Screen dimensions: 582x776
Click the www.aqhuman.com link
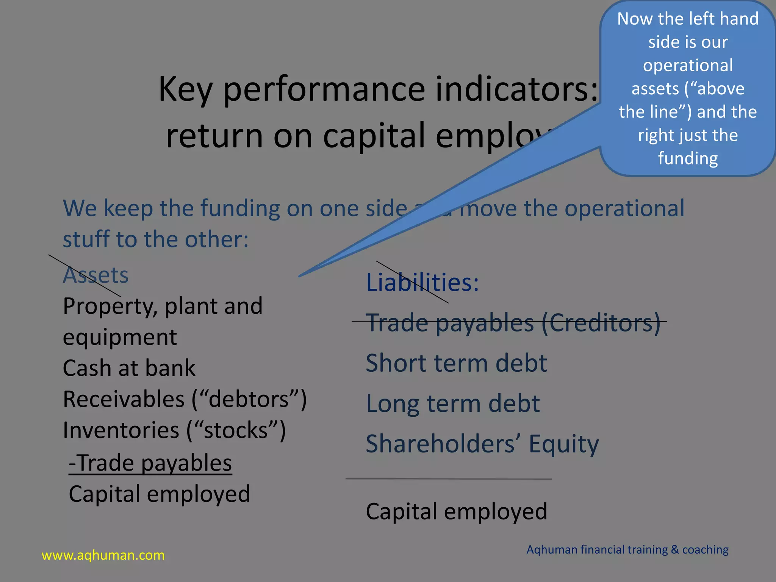(x=103, y=555)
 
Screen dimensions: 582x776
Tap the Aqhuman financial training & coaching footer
(x=627, y=549)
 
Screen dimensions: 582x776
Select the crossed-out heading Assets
(x=95, y=275)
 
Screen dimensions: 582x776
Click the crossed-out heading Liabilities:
(x=422, y=283)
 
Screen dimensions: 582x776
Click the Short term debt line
(x=456, y=363)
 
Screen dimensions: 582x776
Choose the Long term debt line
(x=452, y=404)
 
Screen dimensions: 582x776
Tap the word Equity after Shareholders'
(x=563, y=444)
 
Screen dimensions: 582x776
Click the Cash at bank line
(x=129, y=368)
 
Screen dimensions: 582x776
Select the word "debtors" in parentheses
(x=249, y=399)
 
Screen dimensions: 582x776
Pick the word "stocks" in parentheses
(x=236, y=430)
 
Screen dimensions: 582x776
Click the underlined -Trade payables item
(x=150, y=463)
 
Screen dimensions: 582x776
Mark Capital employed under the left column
(x=159, y=494)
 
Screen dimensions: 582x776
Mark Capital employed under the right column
(x=456, y=511)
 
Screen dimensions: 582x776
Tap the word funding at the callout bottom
(x=688, y=158)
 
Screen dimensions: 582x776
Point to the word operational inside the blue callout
(x=688, y=65)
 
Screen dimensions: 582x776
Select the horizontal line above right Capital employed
(x=448, y=479)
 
